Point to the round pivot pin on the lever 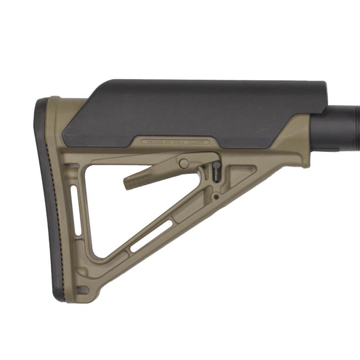coord(184,163)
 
